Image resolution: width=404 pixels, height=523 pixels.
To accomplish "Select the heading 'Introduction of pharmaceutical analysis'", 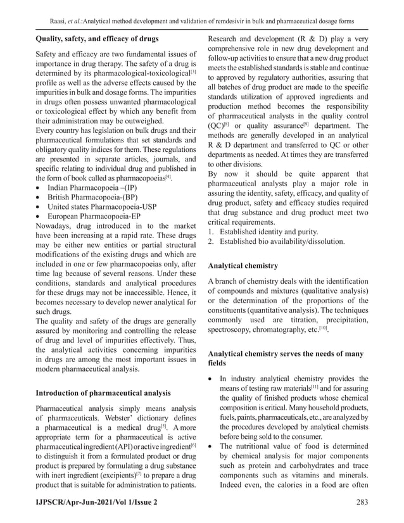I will tap(103, 392).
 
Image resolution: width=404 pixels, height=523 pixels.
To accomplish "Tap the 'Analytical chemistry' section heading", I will tap(243, 266).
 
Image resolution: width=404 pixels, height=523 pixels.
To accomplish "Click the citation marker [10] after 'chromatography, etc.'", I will tap(324, 328).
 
